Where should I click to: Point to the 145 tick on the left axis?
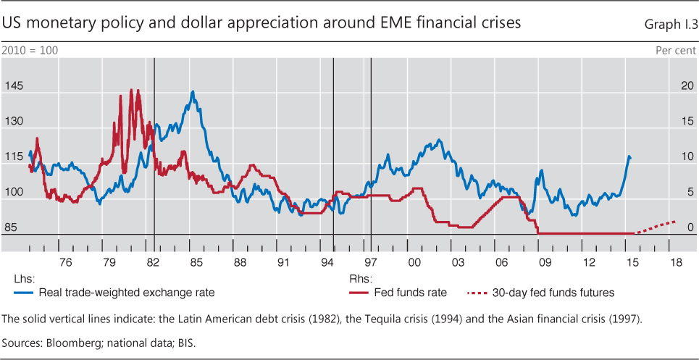tap(14, 86)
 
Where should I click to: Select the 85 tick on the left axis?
tap(11, 228)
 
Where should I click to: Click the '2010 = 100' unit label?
tap(30, 51)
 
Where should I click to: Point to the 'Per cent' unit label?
tap(676, 51)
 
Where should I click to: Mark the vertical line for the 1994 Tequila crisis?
tap(332, 152)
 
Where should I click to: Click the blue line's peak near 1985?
tap(192, 92)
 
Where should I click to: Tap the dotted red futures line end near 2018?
tap(675, 222)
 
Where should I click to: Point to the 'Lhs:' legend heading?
tap(23, 277)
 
